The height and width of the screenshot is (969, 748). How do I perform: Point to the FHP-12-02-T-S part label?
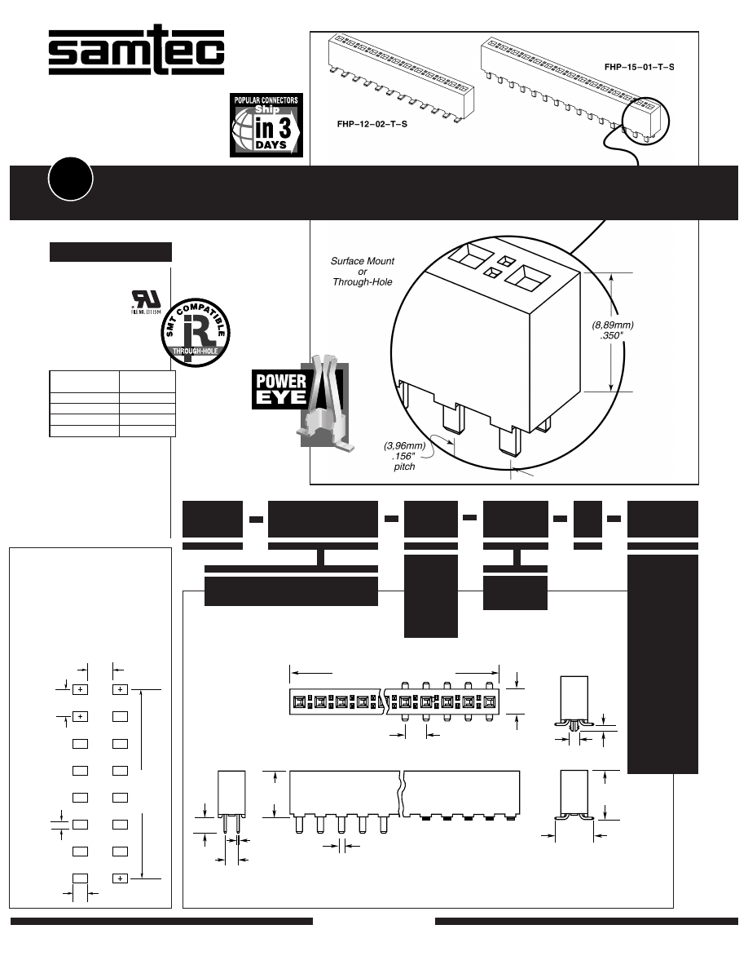372,125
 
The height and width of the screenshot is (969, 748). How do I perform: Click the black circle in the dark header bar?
70,181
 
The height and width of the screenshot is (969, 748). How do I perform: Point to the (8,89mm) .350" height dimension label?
613,330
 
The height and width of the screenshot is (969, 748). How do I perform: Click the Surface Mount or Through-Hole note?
363,272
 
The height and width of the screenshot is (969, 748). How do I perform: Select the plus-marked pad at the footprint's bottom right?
120,878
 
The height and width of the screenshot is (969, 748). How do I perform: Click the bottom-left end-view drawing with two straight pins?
231,803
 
